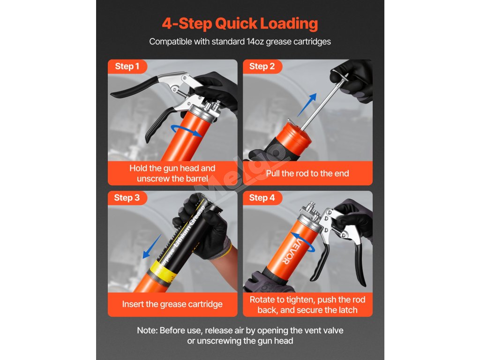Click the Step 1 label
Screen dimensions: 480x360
[x=127, y=66]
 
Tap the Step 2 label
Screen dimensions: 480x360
[x=262, y=66]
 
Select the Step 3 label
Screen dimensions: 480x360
[x=127, y=198]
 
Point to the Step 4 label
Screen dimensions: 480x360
[x=262, y=198]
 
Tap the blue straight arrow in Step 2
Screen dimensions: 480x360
[x=307, y=105]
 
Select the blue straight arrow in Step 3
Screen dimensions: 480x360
[x=152, y=247]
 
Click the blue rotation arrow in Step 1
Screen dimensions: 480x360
[x=186, y=131]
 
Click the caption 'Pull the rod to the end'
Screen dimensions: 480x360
[x=307, y=173]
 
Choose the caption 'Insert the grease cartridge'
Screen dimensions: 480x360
[x=172, y=304]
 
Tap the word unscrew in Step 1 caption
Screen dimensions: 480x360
[x=152, y=179]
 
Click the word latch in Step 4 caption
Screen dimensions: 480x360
[x=347, y=310]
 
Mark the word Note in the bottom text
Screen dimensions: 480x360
[x=147, y=330]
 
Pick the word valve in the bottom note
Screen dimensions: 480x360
[x=333, y=330]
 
